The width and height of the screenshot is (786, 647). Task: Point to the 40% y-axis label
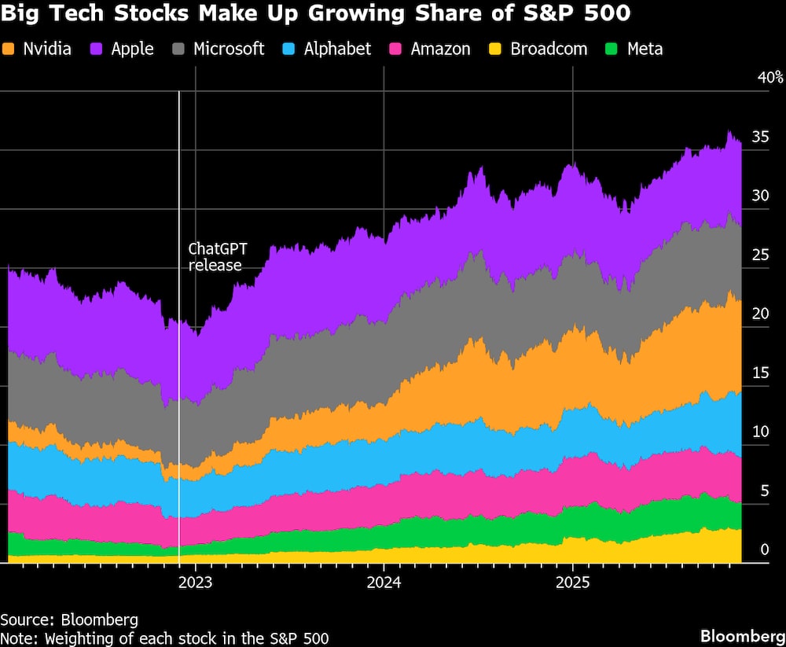[x=769, y=77]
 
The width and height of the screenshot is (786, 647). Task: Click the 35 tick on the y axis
[x=760, y=137]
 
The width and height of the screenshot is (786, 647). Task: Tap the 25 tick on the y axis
[x=760, y=255]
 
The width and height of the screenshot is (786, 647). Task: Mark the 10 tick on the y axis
[x=760, y=432]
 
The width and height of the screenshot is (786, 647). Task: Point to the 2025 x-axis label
[x=572, y=583]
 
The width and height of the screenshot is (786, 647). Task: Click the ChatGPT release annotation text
[x=217, y=257]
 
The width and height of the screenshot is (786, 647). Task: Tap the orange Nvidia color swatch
[x=9, y=49]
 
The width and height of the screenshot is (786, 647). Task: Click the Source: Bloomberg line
[x=69, y=619]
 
